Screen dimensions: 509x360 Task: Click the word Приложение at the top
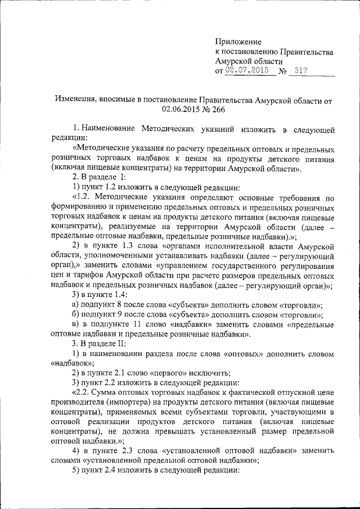tap(239, 42)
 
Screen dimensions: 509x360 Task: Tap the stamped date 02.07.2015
tap(246, 71)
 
